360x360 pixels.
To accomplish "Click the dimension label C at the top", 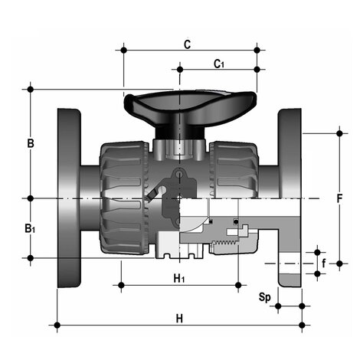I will click(x=188, y=44).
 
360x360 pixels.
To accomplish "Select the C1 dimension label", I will click(x=219, y=63).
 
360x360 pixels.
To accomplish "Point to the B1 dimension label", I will click(x=29, y=229).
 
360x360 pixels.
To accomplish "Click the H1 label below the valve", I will click(x=178, y=277).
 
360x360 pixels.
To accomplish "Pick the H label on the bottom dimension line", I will click(x=179, y=317).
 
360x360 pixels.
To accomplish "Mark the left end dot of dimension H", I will click(x=57, y=326).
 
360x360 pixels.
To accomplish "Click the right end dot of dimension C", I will click(x=257, y=51).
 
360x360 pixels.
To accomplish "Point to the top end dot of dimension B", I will click(x=31, y=89).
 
